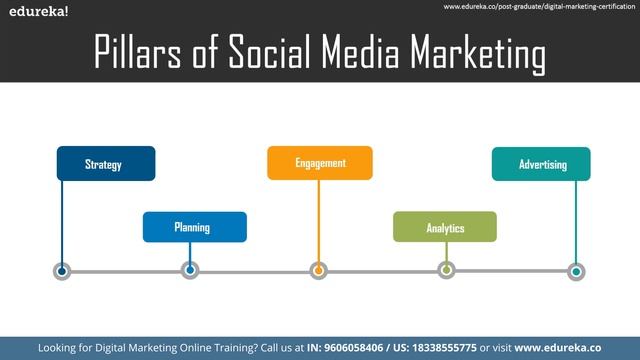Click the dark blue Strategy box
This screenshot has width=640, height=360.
[x=105, y=163]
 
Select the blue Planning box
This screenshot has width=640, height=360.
[x=194, y=227]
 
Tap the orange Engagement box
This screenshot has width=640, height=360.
[x=319, y=163]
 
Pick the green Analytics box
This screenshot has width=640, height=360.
[x=444, y=227]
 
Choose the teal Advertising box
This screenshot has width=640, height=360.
[x=541, y=164]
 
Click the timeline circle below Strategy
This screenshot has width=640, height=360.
[x=62, y=271]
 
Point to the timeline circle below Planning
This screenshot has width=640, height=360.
[x=190, y=270]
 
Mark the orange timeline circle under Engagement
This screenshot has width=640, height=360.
[x=318, y=270]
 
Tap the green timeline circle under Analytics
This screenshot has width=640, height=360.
[x=447, y=269]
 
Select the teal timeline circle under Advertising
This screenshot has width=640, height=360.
[x=576, y=271]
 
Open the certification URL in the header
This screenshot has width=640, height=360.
[x=539, y=7]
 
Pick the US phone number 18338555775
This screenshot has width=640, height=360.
[x=451, y=347]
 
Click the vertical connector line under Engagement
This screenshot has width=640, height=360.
[x=318, y=220]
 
